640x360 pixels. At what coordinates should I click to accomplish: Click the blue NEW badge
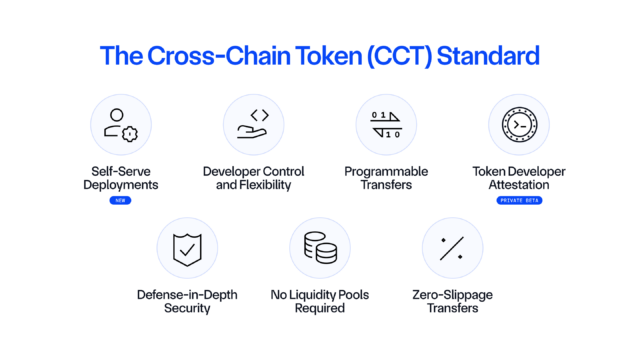[x=120, y=201]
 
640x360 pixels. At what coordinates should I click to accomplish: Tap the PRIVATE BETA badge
[x=518, y=201]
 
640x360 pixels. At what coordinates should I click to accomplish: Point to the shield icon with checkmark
[x=187, y=248]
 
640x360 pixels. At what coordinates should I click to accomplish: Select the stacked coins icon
[x=320, y=248]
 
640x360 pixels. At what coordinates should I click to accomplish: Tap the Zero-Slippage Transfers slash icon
[x=452, y=248]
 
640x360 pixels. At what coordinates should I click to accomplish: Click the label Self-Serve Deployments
[x=120, y=178]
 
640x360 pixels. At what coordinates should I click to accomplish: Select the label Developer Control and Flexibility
[x=253, y=178]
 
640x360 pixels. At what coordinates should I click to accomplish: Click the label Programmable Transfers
[x=386, y=178]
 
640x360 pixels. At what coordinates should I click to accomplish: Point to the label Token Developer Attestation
[x=518, y=178]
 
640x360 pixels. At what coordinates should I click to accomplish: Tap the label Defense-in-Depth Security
[x=187, y=301]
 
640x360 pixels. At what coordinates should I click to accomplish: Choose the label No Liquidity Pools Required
[x=320, y=301]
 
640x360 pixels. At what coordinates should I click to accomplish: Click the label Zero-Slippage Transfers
[x=452, y=301]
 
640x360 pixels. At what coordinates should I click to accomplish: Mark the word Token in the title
[x=316, y=56]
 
